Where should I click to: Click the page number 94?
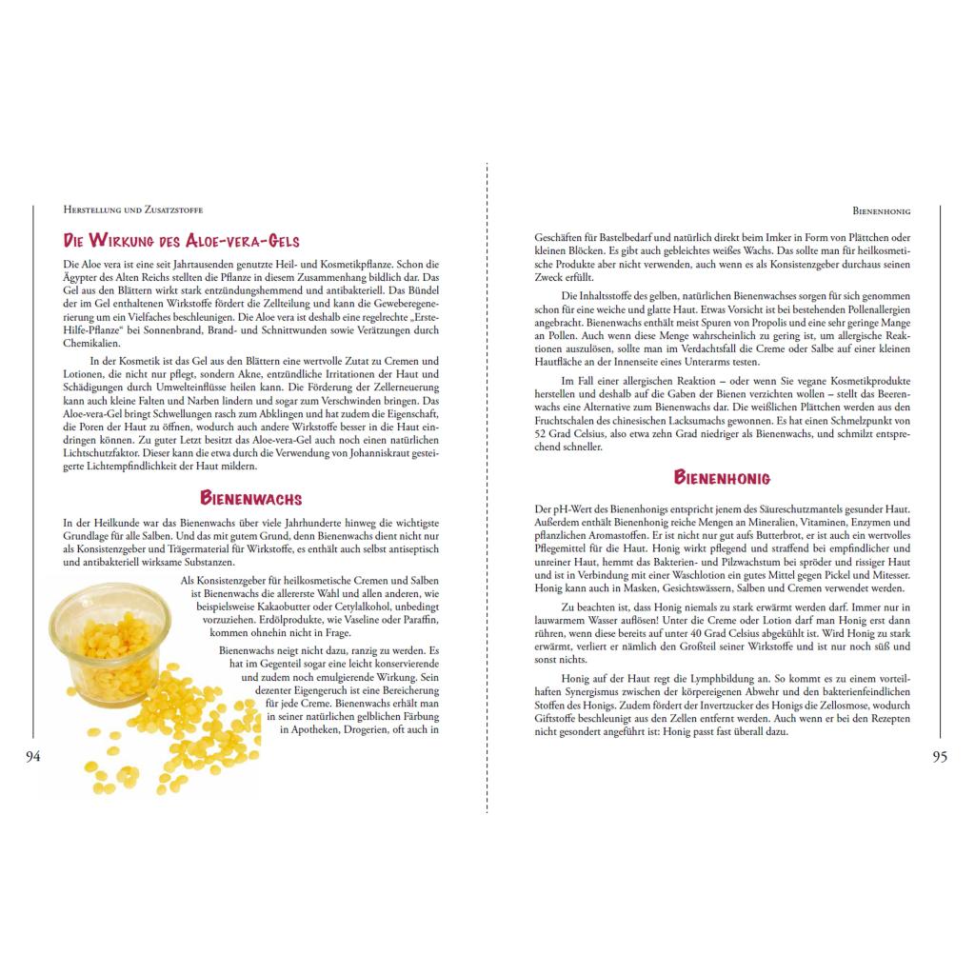click(x=33, y=757)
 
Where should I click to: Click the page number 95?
click(x=940, y=757)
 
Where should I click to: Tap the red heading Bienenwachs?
click(x=250, y=498)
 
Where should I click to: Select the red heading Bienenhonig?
click(x=723, y=477)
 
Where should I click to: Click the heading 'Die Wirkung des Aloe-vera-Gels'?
click(x=181, y=241)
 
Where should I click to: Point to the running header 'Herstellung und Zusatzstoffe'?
click(x=132, y=209)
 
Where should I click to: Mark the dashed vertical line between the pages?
click(x=487, y=476)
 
